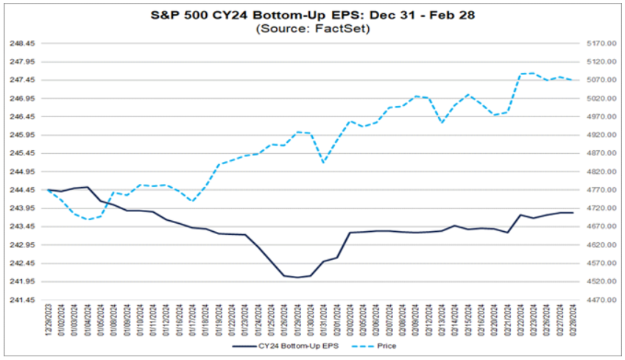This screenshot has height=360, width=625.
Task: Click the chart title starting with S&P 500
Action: click(312, 14)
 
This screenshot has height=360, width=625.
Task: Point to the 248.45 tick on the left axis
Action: click(21, 43)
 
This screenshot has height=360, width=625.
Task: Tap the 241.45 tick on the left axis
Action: click(21, 300)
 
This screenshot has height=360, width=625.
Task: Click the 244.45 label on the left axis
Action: click(21, 190)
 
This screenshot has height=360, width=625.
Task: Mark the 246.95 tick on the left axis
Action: click(21, 99)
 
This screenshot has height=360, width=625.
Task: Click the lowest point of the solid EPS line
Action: click(297, 278)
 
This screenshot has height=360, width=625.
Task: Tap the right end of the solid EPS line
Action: click(573, 213)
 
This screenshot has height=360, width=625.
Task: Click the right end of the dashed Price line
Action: click(573, 80)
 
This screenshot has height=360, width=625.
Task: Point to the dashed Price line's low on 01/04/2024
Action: click(88, 219)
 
